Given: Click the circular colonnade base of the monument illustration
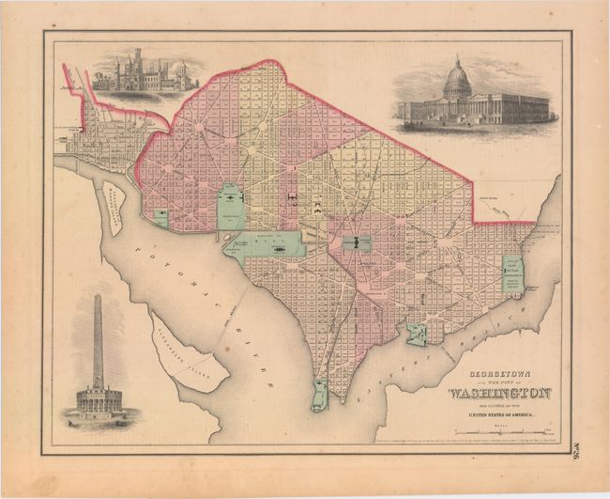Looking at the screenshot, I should click(x=97, y=399).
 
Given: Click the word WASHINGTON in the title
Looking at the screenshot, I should click(x=499, y=392).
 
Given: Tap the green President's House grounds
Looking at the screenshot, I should click(x=230, y=206).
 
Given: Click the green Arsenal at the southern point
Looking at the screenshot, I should click(x=320, y=395).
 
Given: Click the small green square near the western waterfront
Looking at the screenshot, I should click(x=160, y=218).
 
